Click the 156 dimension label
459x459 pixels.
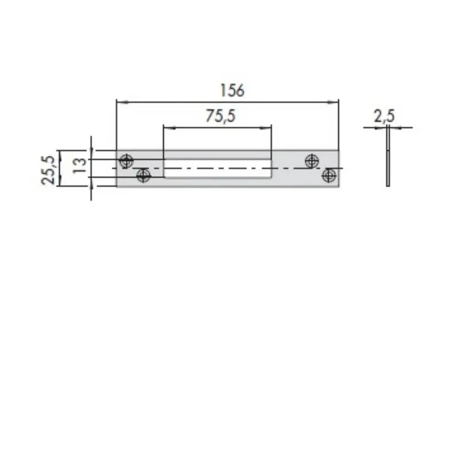(232, 91)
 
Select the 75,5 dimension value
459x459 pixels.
(221, 116)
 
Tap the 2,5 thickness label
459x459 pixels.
(384, 116)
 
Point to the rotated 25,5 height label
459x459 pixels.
(48, 170)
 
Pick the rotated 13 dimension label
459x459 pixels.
(79, 165)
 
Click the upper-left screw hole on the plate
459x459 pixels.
(126, 161)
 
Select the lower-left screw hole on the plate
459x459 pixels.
(143, 176)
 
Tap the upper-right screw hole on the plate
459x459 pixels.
(312, 161)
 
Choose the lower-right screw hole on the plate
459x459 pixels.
(329, 176)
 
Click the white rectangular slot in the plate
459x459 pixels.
(217, 169)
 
